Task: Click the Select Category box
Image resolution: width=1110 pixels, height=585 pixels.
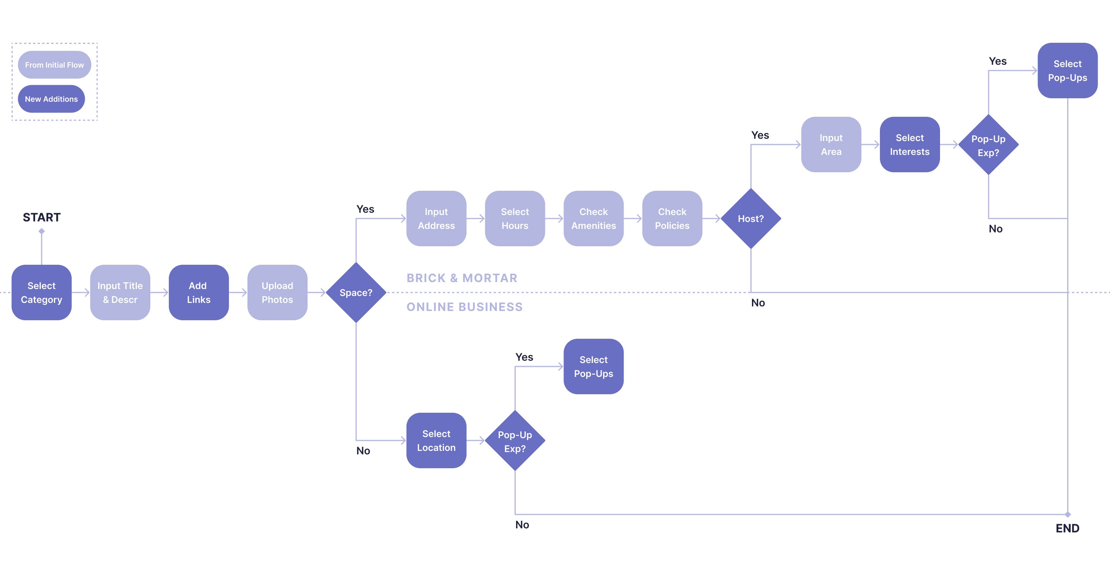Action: [x=41, y=292]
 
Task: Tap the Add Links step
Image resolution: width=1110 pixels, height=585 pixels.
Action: [x=198, y=292]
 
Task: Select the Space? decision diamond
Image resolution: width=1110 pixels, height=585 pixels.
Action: [x=355, y=292]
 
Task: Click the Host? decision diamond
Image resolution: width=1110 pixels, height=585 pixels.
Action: [x=751, y=219]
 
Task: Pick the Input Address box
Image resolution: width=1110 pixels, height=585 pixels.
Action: [x=436, y=219]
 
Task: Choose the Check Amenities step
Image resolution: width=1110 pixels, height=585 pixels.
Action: [x=594, y=219]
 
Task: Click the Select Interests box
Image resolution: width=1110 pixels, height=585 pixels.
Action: [x=909, y=145]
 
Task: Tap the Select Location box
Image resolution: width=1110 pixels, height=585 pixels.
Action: [x=436, y=440]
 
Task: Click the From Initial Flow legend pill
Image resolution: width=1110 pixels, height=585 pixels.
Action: [x=54, y=65]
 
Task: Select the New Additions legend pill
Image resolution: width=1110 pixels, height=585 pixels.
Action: [x=51, y=99]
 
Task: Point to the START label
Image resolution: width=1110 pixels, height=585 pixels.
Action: [x=42, y=217]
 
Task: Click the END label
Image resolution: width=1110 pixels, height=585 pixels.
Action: [x=1067, y=528]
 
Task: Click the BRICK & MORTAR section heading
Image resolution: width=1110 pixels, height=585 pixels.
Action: [x=462, y=278]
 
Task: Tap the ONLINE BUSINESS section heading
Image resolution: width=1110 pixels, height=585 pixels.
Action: [x=464, y=307]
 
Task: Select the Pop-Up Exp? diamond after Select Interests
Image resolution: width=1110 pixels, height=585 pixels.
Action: [x=988, y=145]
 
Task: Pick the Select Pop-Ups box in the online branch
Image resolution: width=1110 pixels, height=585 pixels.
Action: [x=594, y=366]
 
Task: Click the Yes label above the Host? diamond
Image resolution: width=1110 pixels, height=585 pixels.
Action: [x=760, y=135]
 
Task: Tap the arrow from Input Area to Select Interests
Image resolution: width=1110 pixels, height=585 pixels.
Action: [x=870, y=145]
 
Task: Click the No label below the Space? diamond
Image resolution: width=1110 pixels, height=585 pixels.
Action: [x=363, y=451]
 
